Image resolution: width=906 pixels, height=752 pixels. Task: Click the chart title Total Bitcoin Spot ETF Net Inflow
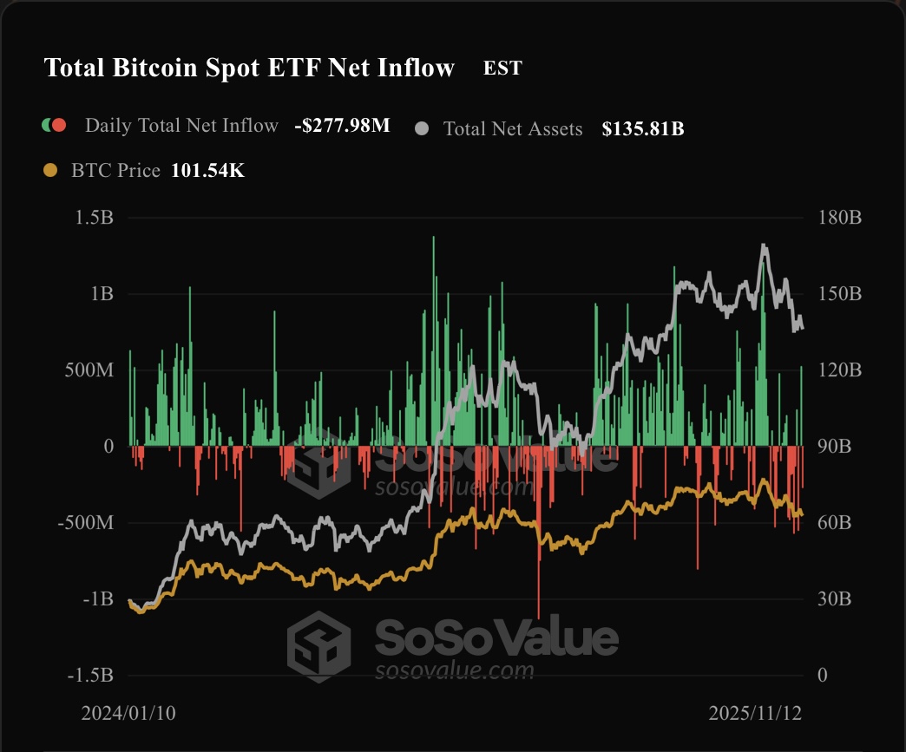pos(249,68)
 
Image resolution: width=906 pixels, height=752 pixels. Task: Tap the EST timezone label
pos(502,68)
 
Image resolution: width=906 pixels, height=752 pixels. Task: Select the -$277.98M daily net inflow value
pos(342,126)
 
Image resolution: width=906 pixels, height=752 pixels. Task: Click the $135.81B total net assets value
pos(643,129)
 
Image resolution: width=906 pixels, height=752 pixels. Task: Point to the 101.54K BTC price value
pos(207,171)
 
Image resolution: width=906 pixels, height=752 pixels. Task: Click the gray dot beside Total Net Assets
pos(423,129)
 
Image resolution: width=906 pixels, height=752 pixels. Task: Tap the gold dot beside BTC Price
pos(50,171)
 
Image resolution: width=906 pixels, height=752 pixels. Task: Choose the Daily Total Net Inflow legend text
pos(181,126)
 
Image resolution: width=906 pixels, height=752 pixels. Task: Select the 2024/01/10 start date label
pos(128,713)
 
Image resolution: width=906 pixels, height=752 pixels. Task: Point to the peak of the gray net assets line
pos(764,245)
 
